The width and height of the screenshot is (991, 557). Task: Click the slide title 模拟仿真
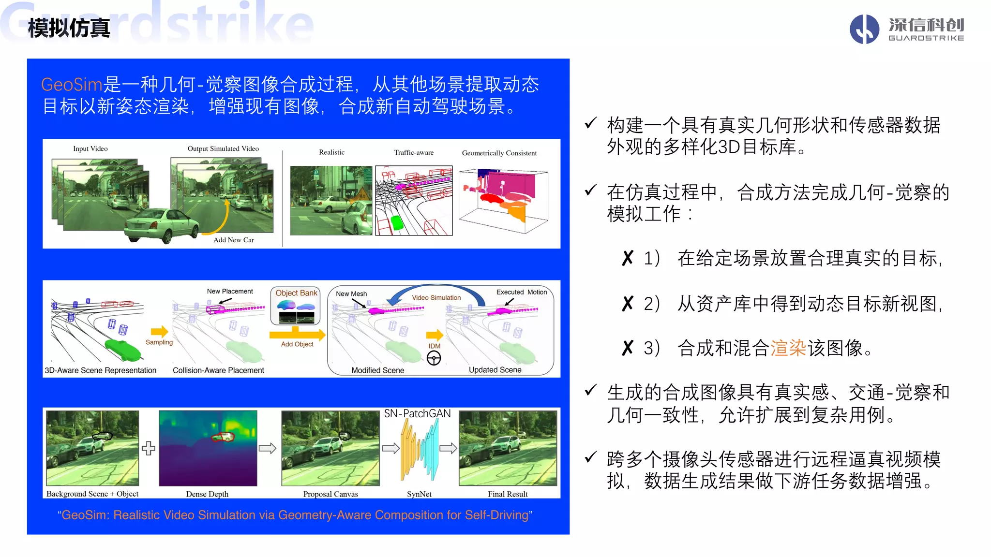pyautogui.click(x=69, y=28)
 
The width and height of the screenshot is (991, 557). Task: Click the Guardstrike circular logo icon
pyautogui.click(x=864, y=29)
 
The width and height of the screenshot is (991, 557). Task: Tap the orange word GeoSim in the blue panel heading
pyautogui.click(x=72, y=85)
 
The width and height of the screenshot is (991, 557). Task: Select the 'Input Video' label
pyautogui.click(x=90, y=149)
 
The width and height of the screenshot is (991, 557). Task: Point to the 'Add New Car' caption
pyautogui.click(x=234, y=240)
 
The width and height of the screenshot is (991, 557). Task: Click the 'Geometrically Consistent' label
pyautogui.click(x=499, y=153)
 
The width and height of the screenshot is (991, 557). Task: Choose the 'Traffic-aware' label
pyautogui.click(x=414, y=153)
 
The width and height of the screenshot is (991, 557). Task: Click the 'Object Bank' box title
pyautogui.click(x=296, y=293)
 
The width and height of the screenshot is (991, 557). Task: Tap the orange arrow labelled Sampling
pyautogui.click(x=159, y=332)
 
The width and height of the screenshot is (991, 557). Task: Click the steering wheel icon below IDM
pyautogui.click(x=434, y=358)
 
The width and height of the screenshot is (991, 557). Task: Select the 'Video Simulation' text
pyautogui.click(x=436, y=298)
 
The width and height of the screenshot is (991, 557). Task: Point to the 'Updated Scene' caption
pyautogui.click(x=495, y=370)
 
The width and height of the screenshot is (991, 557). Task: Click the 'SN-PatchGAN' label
pyautogui.click(x=417, y=414)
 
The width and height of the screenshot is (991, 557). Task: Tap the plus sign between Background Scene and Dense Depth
pyautogui.click(x=149, y=448)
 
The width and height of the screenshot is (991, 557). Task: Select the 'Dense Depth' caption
pyautogui.click(x=207, y=494)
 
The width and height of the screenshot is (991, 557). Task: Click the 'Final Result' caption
pyautogui.click(x=508, y=494)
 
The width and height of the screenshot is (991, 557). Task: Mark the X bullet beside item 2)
pyautogui.click(x=628, y=304)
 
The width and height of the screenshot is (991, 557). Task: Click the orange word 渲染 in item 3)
pyautogui.click(x=788, y=348)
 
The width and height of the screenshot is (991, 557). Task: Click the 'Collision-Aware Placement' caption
pyautogui.click(x=218, y=370)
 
